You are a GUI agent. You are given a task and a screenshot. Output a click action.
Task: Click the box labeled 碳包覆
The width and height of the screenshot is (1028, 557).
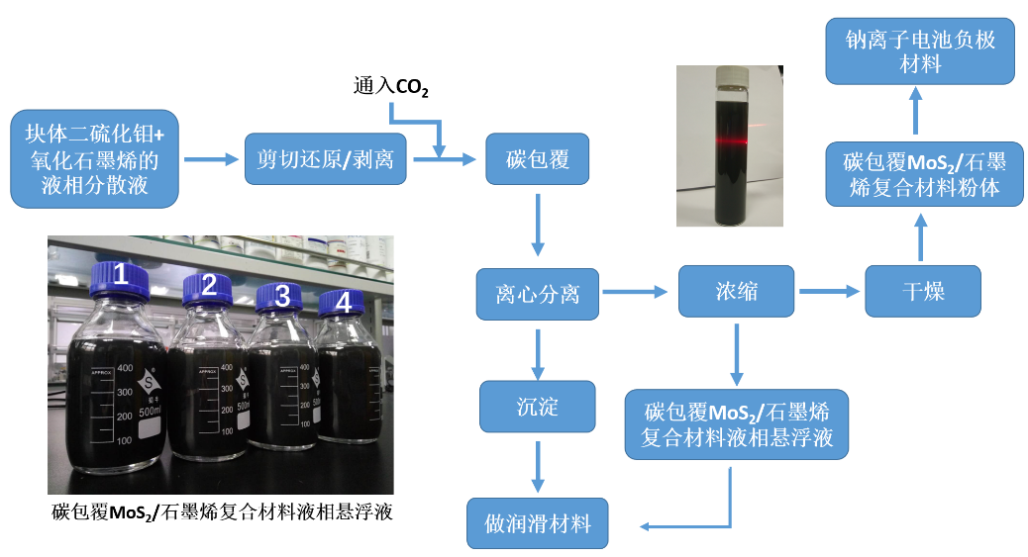click(x=538, y=159)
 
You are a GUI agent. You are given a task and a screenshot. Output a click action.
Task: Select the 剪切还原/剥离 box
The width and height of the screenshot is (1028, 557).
click(x=326, y=159)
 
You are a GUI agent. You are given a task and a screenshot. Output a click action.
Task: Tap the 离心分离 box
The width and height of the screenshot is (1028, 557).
click(x=538, y=294)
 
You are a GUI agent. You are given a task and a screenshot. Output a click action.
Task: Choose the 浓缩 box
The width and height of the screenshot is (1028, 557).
click(x=736, y=291)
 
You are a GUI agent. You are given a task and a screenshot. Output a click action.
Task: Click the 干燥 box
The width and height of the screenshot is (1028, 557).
click(x=922, y=291)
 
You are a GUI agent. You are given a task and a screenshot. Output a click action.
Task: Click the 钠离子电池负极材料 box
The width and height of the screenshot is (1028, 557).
click(x=920, y=51)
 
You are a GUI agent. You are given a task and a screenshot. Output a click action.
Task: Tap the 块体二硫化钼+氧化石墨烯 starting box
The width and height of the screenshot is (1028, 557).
click(x=94, y=158)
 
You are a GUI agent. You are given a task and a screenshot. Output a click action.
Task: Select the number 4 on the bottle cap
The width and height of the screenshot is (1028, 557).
click(x=343, y=303)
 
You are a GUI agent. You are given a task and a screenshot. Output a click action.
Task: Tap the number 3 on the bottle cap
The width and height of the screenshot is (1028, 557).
click(x=282, y=295)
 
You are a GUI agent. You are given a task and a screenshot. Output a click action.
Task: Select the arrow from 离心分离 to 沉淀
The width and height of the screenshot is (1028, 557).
click(x=538, y=353)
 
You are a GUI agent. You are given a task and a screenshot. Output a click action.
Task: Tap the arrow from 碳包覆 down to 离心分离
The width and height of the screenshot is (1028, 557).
click(x=538, y=225)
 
